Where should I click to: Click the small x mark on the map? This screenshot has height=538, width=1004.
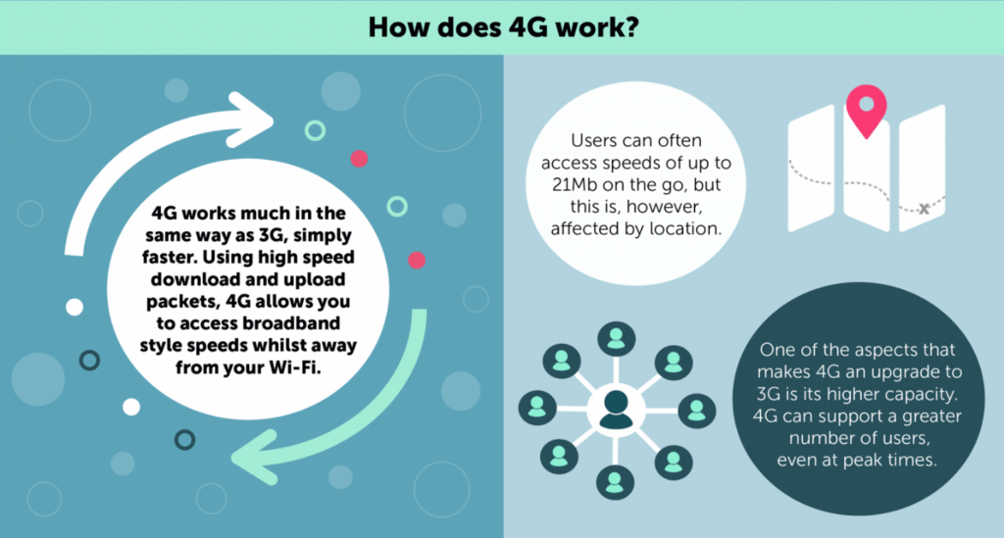pyautogui.click(x=924, y=209)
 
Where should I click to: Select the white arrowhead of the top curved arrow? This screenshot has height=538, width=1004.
pyautogui.click(x=250, y=120)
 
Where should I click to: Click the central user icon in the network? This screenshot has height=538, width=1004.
pyautogui.click(x=616, y=410)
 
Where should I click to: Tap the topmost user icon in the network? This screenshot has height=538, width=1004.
pyautogui.click(x=616, y=338)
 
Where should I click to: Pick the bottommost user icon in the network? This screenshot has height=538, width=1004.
pyautogui.click(x=616, y=482)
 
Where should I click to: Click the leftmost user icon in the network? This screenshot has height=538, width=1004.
pyautogui.click(x=537, y=408)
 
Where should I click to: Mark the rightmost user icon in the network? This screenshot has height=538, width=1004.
pyautogui.click(x=697, y=411)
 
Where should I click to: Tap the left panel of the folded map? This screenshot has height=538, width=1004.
pyautogui.click(x=811, y=169)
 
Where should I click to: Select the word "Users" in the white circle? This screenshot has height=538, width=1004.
pyautogui.click(x=593, y=140)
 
